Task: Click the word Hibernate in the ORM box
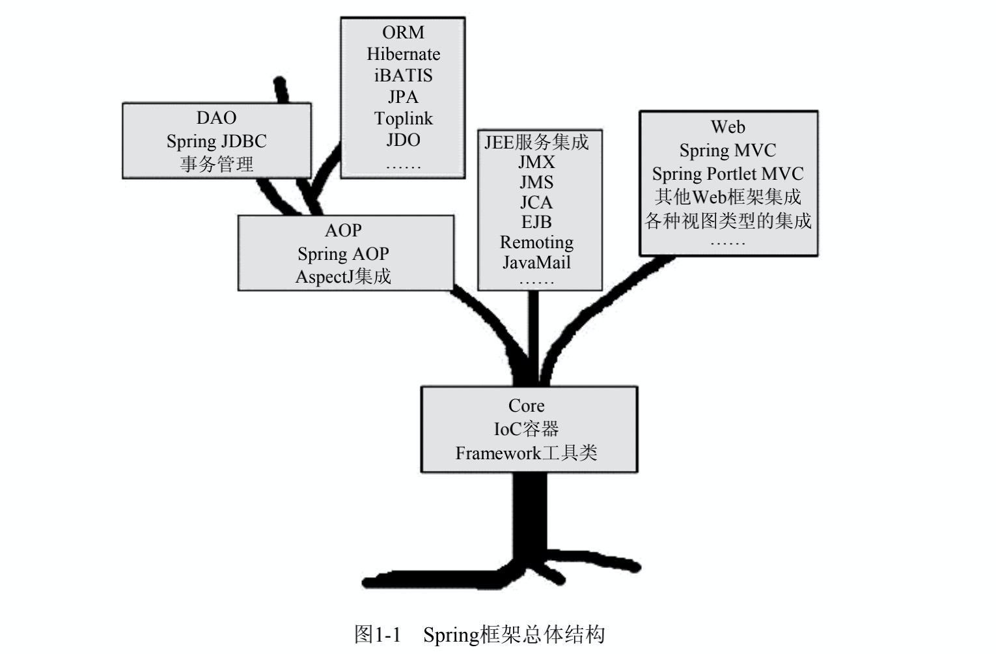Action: tap(403, 54)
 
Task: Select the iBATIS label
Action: tap(403, 76)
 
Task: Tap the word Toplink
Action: tap(403, 119)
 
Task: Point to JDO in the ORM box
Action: tap(403, 140)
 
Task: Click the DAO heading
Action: tap(216, 118)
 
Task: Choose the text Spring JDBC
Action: tap(216, 141)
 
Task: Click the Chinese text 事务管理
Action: tap(216, 164)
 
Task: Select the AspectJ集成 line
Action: tap(343, 277)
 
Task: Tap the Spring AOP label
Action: tap(343, 253)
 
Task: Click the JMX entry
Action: tap(536, 162)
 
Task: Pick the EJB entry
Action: tap(536, 222)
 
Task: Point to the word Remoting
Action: tap(536, 242)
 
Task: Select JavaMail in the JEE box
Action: tap(536, 263)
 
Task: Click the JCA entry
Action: tap(536, 203)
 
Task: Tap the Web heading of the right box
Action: tap(728, 127)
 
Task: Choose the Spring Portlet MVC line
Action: tap(728, 174)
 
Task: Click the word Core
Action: tap(526, 406)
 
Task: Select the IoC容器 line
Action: tap(526, 429)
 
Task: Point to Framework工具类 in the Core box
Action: tap(526, 453)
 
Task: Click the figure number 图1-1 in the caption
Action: tap(377, 634)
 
